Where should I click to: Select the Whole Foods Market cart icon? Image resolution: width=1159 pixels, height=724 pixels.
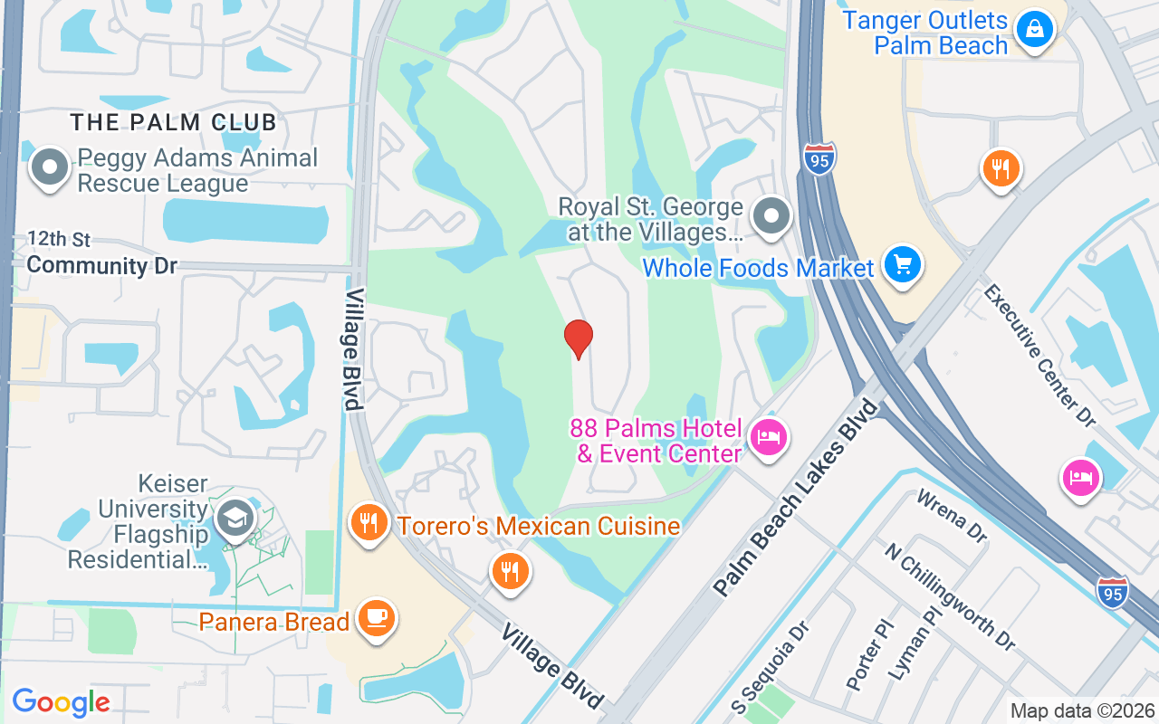(902, 265)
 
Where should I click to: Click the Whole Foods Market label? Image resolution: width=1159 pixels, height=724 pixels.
(758, 268)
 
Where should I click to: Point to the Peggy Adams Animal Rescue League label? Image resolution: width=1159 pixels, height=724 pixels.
(197, 170)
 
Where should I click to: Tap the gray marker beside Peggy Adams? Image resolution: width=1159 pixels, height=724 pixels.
(50, 167)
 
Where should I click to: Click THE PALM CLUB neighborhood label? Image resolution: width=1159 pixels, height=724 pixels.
(174, 122)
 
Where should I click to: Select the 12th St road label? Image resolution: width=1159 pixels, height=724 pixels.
(59, 240)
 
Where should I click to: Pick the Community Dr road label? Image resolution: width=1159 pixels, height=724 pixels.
(101, 266)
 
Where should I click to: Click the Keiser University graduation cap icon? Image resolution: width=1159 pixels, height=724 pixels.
(235, 520)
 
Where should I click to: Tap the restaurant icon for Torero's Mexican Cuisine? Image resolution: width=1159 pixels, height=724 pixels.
(369, 524)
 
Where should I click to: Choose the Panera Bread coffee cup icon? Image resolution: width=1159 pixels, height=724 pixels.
(375, 618)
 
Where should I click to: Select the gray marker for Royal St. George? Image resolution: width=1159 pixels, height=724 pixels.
(771, 217)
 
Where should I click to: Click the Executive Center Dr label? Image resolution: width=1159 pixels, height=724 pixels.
(1039, 354)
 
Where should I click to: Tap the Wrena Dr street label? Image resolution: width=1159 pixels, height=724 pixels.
(951, 517)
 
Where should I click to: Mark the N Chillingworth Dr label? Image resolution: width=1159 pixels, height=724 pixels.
(950, 596)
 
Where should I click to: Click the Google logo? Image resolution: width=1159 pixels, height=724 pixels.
(61, 702)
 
